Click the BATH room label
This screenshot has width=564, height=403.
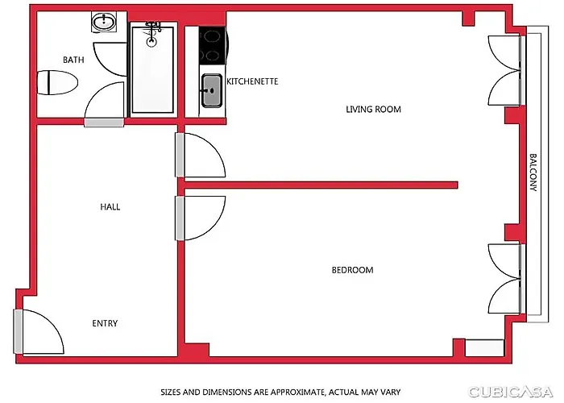click(x=73, y=60)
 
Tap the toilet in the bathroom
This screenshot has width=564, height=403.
click(x=57, y=83)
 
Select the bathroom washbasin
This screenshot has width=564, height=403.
click(x=104, y=23)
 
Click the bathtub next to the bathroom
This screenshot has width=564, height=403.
click(x=152, y=69)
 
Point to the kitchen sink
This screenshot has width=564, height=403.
click(x=211, y=90)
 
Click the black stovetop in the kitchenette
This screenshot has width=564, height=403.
click(x=213, y=45)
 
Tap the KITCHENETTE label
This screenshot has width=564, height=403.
click(x=252, y=81)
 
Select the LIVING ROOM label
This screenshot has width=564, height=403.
click(x=373, y=109)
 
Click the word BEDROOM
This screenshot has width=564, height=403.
click(x=353, y=270)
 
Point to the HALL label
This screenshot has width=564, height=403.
click(x=110, y=207)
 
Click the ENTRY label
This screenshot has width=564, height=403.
click(x=105, y=323)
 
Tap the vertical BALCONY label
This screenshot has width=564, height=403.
click(x=533, y=172)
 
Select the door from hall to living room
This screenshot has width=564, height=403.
click(x=201, y=155)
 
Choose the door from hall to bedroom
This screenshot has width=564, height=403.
click(x=201, y=218)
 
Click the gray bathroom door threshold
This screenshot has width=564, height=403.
click(x=104, y=123)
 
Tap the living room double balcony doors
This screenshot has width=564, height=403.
click(x=505, y=71)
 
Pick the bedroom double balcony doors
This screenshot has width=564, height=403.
click(x=505, y=279)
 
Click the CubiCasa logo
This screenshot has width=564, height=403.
click(x=510, y=392)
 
